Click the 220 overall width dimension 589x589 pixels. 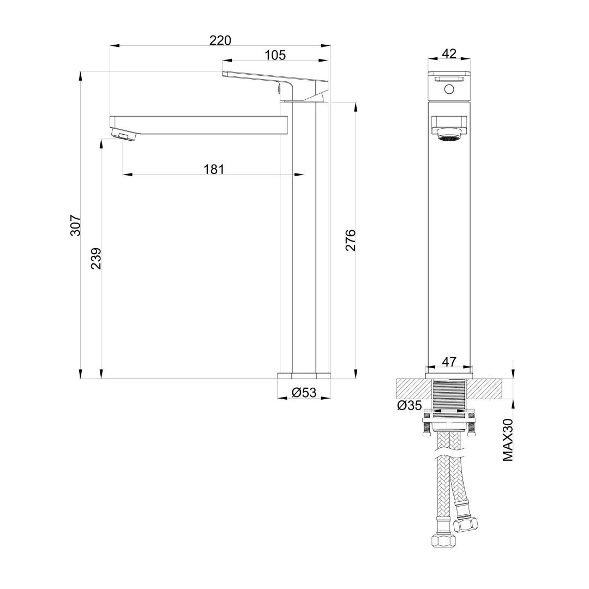(220, 40)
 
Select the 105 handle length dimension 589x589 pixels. (275, 55)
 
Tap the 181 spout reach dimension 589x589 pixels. (214, 169)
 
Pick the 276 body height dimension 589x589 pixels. (350, 240)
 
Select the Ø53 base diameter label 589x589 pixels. (304, 392)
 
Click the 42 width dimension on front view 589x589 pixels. (449, 53)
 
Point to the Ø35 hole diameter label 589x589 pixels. (409, 405)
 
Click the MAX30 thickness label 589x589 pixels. (508, 441)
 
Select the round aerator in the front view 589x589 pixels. (449, 137)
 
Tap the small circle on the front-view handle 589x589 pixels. (449, 89)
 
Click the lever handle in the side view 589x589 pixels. (273, 82)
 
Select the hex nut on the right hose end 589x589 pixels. (467, 524)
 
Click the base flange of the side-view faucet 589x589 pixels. (304, 375)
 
